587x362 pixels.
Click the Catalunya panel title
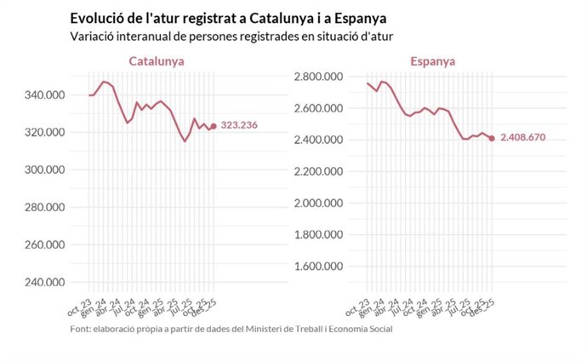click(157, 61)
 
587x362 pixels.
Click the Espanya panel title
click(432, 61)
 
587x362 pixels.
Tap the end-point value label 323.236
click(239, 125)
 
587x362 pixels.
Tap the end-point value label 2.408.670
click(522, 137)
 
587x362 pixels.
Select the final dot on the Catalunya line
click(214, 125)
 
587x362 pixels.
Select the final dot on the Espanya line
click(492, 138)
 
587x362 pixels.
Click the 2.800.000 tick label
click(317, 78)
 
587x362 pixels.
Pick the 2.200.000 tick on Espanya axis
click(317, 171)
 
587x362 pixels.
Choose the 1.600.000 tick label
click(317, 266)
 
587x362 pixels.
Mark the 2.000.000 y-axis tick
click(317, 203)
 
